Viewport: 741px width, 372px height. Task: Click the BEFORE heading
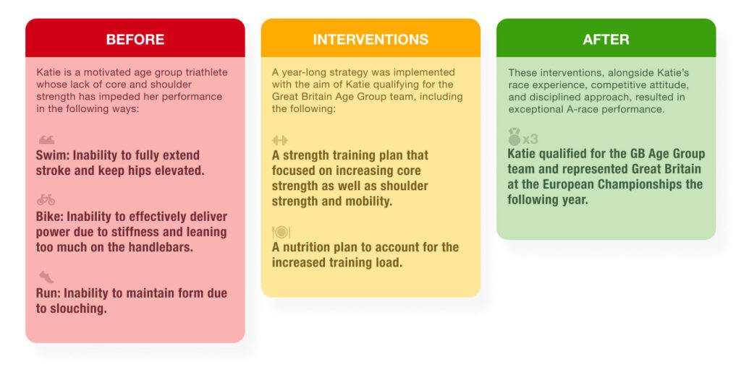point(135,40)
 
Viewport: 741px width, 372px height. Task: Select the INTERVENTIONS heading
point(370,40)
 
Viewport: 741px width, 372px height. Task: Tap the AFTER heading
point(606,40)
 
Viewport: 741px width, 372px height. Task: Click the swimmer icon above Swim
point(46,139)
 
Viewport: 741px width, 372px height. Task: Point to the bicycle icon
point(46,200)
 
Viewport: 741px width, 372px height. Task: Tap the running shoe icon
point(46,277)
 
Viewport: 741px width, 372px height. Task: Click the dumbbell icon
point(280,139)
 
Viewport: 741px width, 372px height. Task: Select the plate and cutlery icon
point(281,232)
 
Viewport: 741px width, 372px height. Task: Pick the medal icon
point(515,136)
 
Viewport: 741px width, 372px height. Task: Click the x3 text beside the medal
point(530,139)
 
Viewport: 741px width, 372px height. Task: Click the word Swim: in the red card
point(53,155)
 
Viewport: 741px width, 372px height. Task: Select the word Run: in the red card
point(48,293)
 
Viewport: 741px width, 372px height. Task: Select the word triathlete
point(200,72)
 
